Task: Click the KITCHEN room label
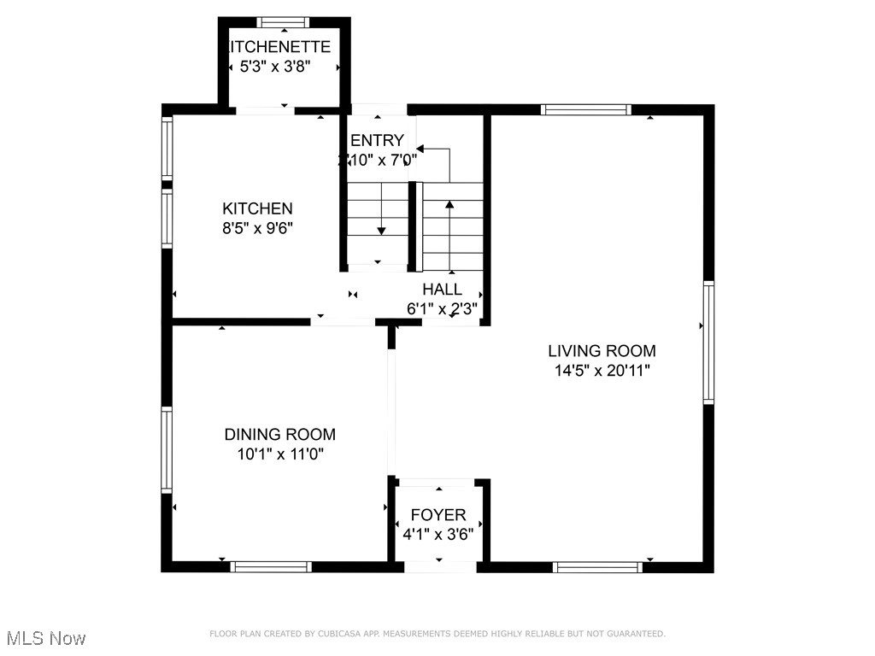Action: coord(257,208)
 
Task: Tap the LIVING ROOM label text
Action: coord(602,350)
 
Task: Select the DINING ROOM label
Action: coord(280,434)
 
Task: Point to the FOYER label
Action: coord(438,515)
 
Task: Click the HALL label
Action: coord(442,290)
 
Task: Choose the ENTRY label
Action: coord(377,140)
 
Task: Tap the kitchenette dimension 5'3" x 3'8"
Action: coord(285,67)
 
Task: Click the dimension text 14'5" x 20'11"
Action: coord(602,371)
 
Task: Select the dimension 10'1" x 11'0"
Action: coord(280,454)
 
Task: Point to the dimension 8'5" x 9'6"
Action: coord(257,228)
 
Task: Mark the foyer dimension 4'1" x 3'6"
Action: coord(438,534)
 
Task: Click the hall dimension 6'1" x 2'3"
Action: coord(442,308)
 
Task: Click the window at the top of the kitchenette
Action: coord(284,22)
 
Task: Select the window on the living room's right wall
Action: coord(708,343)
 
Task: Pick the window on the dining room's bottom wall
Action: coord(272,566)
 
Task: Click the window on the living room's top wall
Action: coord(586,109)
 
